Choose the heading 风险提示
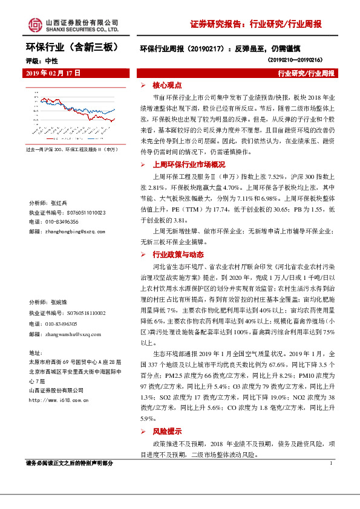pyautogui.click(x=166, y=432)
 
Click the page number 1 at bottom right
pyautogui.click(x=332, y=463)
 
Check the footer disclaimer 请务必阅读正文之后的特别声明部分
pyautogui.click(x=70, y=464)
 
